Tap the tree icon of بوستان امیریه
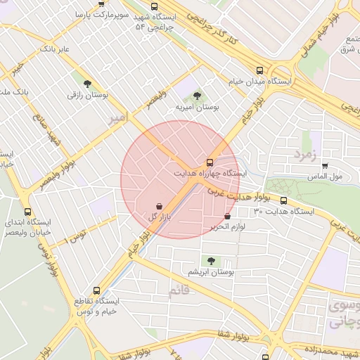pos(196,96)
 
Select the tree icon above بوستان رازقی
pos(87,82)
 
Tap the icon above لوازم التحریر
pos(227,217)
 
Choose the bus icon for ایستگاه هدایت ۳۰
pos(283,200)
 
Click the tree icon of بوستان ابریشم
pos(211,260)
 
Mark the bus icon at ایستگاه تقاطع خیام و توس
pos(96,290)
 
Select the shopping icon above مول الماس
pos(324,166)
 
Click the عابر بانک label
pos(54,49)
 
